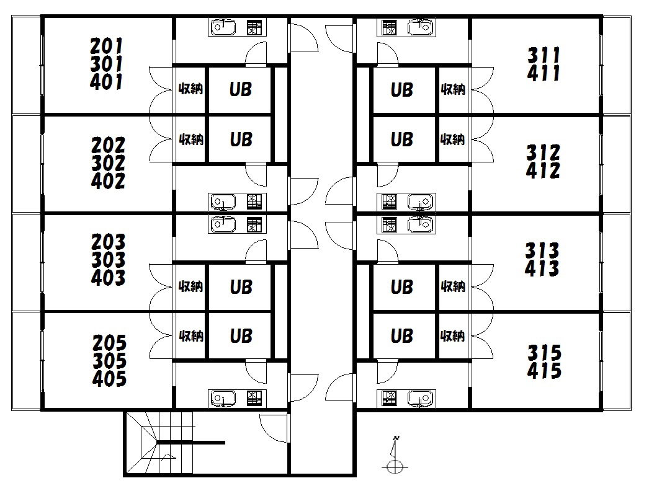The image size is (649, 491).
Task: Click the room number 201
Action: (x=107, y=45)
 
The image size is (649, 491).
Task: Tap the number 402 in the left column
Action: (x=108, y=181)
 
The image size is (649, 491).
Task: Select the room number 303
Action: (x=109, y=260)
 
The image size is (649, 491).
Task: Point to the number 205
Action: (x=109, y=342)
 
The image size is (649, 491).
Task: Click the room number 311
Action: (x=544, y=55)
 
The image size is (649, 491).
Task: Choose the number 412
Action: (x=543, y=170)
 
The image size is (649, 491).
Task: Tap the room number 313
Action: (x=542, y=250)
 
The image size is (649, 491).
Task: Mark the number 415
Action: (x=544, y=371)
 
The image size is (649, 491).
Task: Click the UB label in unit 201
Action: (x=241, y=89)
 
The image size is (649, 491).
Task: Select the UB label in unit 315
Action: (x=402, y=336)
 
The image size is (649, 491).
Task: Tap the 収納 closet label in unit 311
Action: (x=453, y=89)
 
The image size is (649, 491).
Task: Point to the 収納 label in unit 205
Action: (x=191, y=336)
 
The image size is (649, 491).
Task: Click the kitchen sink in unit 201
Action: (x=223, y=28)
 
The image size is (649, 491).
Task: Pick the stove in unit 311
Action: (x=390, y=28)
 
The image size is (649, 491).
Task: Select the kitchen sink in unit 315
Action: (x=421, y=399)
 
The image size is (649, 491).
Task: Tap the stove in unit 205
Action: (x=254, y=399)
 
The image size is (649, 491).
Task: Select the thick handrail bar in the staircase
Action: (x=191, y=443)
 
